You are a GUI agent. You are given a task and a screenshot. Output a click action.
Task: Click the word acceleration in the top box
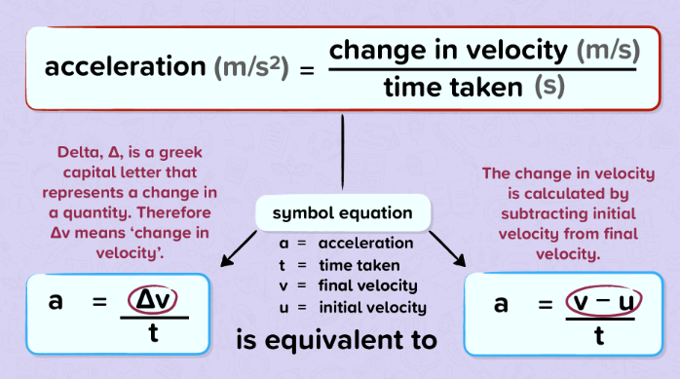coord(125,67)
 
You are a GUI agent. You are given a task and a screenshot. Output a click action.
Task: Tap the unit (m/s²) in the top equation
coord(251,67)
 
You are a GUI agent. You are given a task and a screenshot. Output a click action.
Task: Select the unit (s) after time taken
coord(549,86)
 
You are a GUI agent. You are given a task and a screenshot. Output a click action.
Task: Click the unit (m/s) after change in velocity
coord(608,51)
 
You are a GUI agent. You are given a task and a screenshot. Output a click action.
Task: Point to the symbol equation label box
coord(343,212)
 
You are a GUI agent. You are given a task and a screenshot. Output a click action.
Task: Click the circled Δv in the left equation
coord(152,299)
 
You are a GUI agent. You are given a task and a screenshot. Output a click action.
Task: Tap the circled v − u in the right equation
coord(603,301)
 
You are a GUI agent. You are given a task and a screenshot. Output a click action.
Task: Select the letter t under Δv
coord(153,333)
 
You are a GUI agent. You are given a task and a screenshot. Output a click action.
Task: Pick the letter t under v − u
coord(599,335)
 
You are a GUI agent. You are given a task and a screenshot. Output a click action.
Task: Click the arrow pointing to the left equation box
coord(239,248)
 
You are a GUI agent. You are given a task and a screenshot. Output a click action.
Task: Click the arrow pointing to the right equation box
coord(447,248)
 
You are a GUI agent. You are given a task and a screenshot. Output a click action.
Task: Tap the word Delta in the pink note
coord(78,152)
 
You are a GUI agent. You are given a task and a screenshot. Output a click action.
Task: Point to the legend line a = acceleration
coord(346,244)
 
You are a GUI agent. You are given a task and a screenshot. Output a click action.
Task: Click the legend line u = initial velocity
coord(353,308)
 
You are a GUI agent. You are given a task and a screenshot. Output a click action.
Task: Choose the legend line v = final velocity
coord(348,285)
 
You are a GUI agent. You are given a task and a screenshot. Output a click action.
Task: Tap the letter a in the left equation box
coord(56,301)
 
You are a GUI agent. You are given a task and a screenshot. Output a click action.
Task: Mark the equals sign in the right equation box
coord(546,304)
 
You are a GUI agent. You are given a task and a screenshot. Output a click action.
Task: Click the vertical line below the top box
coord(343,152)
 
